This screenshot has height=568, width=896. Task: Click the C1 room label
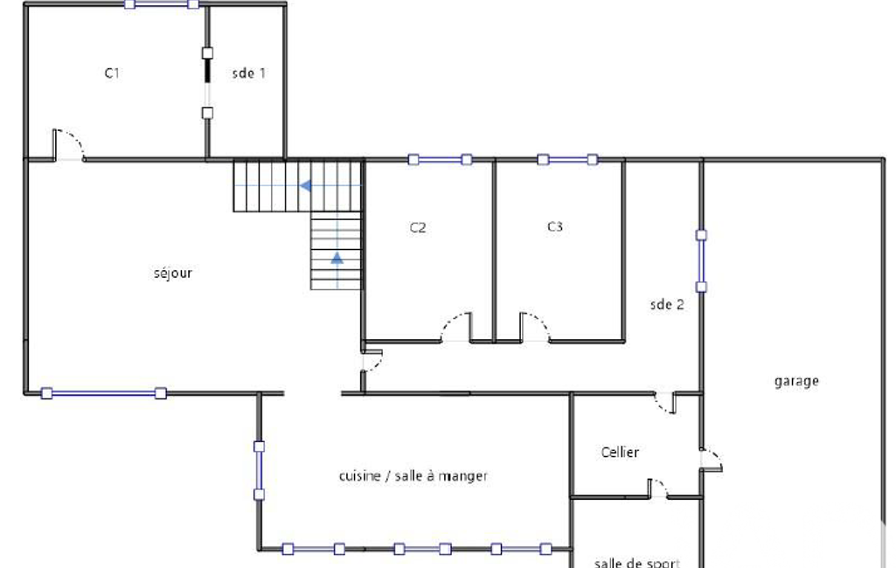click(112, 73)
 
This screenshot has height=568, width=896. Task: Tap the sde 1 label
click(248, 73)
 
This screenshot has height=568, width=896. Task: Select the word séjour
click(172, 274)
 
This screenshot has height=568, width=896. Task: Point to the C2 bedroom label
click(418, 227)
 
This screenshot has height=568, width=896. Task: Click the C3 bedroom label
click(555, 227)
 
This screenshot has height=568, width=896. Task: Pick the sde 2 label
click(667, 305)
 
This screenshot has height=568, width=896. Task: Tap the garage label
click(796, 381)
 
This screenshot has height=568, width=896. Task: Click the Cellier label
click(620, 452)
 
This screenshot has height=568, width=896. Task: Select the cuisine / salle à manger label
click(413, 476)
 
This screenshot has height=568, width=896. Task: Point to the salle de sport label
click(637, 563)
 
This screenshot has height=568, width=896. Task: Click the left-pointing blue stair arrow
click(306, 186)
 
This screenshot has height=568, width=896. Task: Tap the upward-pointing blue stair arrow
click(337, 258)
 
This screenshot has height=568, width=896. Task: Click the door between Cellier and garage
click(712, 460)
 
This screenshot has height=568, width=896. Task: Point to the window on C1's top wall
click(162, 4)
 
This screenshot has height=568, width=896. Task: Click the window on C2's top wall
click(440, 159)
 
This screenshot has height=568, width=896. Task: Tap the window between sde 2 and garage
click(701, 261)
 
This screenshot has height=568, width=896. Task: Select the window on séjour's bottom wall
click(104, 393)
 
